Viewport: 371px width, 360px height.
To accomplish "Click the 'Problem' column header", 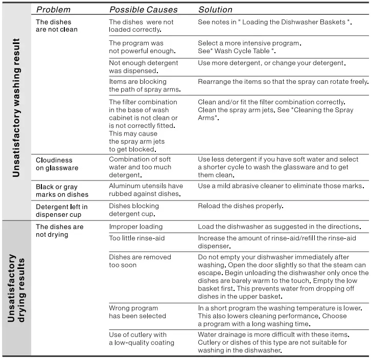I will pyautogui.click(x=54, y=10).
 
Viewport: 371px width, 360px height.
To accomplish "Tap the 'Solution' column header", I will pyautogui.click(x=215, y=10).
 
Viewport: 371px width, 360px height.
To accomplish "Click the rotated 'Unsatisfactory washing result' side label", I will pyautogui.click(x=17, y=107).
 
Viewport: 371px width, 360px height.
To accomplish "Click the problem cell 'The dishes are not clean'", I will pyautogui.click(x=57, y=26).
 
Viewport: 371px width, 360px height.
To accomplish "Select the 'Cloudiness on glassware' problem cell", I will pyautogui.click(x=57, y=164).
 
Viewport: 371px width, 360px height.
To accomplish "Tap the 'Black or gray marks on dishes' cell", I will pyautogui.click(x=62, y=191).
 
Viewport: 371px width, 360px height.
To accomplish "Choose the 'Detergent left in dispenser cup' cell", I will pyautogui.click(x=62, y=210).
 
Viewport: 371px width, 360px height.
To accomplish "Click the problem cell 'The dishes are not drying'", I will pyautogui.click(x=59, y=231).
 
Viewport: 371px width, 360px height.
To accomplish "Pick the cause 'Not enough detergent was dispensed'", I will pyautogui.click(x=144, y=67).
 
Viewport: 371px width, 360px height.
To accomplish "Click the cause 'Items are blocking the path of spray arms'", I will pyautogui.click(x=145, y=85).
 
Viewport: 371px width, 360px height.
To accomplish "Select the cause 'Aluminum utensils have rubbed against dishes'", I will pyautogui.click(x=146, y=190).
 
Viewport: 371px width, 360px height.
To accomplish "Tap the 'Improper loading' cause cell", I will pyautogui.click(x=136, y=227).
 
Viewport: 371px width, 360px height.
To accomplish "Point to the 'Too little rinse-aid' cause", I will pyautogui.click(x=137, y=238).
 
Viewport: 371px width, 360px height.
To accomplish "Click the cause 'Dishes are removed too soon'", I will pyautogui.click(x=140, y=261).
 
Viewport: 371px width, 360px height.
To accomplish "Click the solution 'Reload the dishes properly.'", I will pyautogui.click(x=240, y=206).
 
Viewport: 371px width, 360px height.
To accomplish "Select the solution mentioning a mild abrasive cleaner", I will pyautogui.click(x=281, y=186).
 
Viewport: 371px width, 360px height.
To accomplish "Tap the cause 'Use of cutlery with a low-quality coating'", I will pyautogui.click(x=142, y=339).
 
